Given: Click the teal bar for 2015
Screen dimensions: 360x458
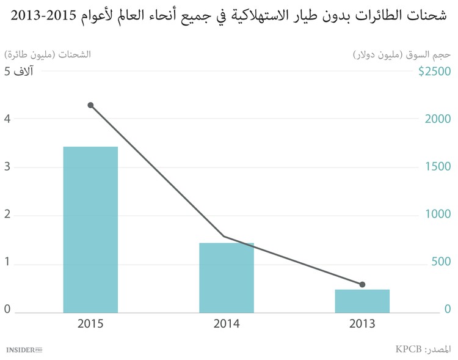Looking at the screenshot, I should [x=90, y=229].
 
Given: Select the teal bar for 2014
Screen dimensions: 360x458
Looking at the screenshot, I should [x=227, y=277].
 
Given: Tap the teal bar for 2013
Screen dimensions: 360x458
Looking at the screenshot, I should [x=362, y=301].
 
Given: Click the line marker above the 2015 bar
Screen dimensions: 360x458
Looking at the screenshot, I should [x=90, y=105].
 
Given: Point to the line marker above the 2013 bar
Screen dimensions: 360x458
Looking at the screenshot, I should [x=362, y=284].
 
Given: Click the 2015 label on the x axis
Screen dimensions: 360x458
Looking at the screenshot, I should [x=90, y=324].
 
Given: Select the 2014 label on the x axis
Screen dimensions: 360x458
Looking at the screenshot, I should [x=227, y=324].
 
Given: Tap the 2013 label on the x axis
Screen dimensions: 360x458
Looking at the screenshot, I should [x=362, y=324].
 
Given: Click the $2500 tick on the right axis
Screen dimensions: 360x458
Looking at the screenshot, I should [x=434, y=72].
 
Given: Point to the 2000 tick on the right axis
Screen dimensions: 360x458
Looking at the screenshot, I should [x=438, y=119].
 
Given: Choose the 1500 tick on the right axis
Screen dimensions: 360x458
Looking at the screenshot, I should [x=438, y=167].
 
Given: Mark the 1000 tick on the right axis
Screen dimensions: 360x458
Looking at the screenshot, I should [x=438, y=215].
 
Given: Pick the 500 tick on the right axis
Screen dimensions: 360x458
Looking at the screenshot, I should [x=440, y=262].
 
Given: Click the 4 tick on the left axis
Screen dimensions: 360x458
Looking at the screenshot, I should [x=7, y=119].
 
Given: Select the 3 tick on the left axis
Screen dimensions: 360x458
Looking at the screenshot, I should [x=7, y=167].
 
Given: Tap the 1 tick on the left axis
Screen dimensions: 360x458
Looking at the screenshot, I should [x=7, y=263].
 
